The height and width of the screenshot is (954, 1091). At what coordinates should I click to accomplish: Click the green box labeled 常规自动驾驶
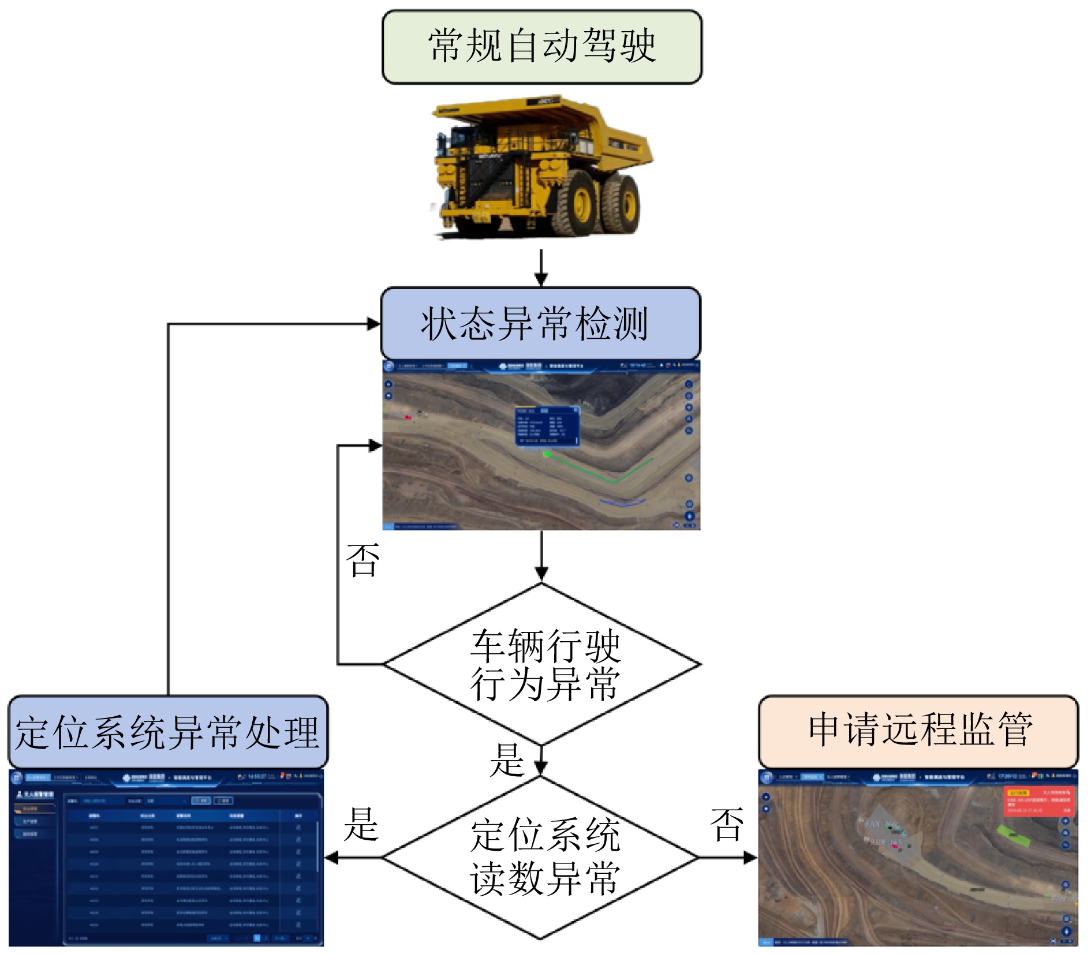click(541, 46)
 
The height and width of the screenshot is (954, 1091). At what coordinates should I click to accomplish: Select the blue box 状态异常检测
click(540, 323)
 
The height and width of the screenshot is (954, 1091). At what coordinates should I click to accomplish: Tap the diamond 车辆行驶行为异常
click(541, 664)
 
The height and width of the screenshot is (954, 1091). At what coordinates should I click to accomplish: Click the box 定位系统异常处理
click(167, 731)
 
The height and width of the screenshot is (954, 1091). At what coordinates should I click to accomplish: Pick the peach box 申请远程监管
click(918, 730)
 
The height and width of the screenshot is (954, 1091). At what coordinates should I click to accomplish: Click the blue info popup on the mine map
click(546, 426)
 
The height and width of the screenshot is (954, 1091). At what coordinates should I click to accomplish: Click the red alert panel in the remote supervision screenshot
click(1040, 800)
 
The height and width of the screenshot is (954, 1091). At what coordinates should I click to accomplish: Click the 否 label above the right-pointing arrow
click(727, 824)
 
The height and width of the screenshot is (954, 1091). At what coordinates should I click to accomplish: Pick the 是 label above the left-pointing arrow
click(361, 824)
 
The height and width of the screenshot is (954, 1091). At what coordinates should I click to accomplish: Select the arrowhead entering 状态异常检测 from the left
click(373, 324)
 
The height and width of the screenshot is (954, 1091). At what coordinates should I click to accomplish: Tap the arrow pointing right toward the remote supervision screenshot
click(727, 858)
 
